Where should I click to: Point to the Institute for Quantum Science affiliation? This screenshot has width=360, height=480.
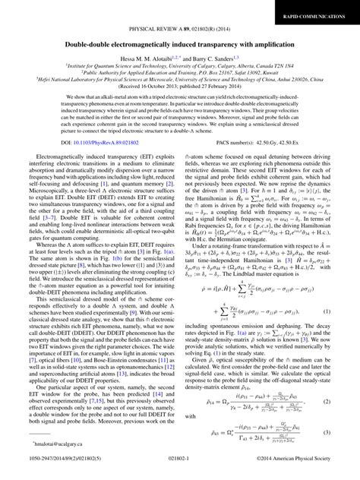[x=180, y=67]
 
